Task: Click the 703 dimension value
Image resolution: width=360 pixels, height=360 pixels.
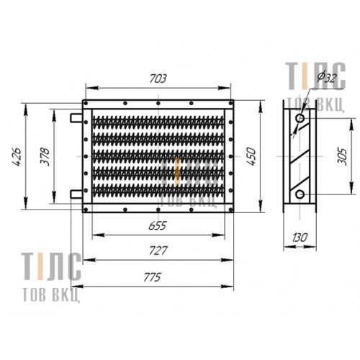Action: [x=158, y=78]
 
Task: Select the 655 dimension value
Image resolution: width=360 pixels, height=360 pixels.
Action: [x=158, y=226]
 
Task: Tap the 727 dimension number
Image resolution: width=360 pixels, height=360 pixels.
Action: [x=158, y=251]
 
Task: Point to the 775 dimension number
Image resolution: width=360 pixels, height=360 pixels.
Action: [x=152, y=277]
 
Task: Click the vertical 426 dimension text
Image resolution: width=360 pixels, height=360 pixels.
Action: [x=17, y=156]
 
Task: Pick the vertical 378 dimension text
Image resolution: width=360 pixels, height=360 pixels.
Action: [x=45, y=156]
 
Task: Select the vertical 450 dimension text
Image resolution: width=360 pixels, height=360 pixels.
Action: [x=251, y=156]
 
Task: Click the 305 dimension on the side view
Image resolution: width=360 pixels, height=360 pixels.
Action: [x=342, y=157]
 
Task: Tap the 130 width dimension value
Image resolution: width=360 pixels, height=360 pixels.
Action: [x=300, y=238]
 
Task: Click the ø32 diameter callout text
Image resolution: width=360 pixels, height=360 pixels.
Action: [x=327, y=77]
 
